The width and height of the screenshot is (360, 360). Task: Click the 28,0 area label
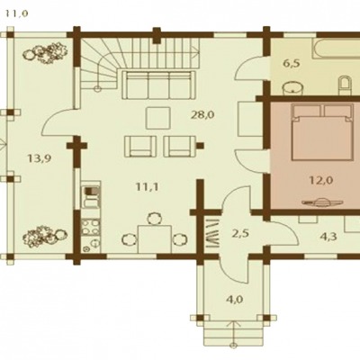[202, 114]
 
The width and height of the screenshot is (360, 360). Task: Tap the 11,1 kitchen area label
[147, 187]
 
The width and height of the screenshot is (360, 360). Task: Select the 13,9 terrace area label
[39, 158]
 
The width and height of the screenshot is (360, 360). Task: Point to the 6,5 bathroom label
[292, 64]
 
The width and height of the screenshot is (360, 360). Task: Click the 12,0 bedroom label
[321, 180]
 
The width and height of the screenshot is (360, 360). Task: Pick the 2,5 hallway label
[240, 233]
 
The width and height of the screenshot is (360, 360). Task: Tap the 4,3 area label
[328, 237]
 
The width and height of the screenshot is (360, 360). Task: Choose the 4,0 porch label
[235, 299]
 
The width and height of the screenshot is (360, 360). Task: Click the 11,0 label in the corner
[17, 13]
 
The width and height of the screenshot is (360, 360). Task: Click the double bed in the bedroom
[322, 133]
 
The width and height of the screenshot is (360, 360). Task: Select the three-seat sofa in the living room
[159, 85]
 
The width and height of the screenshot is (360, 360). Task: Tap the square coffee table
[158, 118]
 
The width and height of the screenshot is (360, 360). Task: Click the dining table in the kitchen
[155, 239]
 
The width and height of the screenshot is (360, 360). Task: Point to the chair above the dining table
[155, 219]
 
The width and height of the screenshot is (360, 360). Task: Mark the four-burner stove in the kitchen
[91, 228]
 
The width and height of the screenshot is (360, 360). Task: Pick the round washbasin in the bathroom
[293, 86]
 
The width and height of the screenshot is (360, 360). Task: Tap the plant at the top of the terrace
[45, 53]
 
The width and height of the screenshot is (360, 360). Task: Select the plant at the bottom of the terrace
[45, 237]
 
